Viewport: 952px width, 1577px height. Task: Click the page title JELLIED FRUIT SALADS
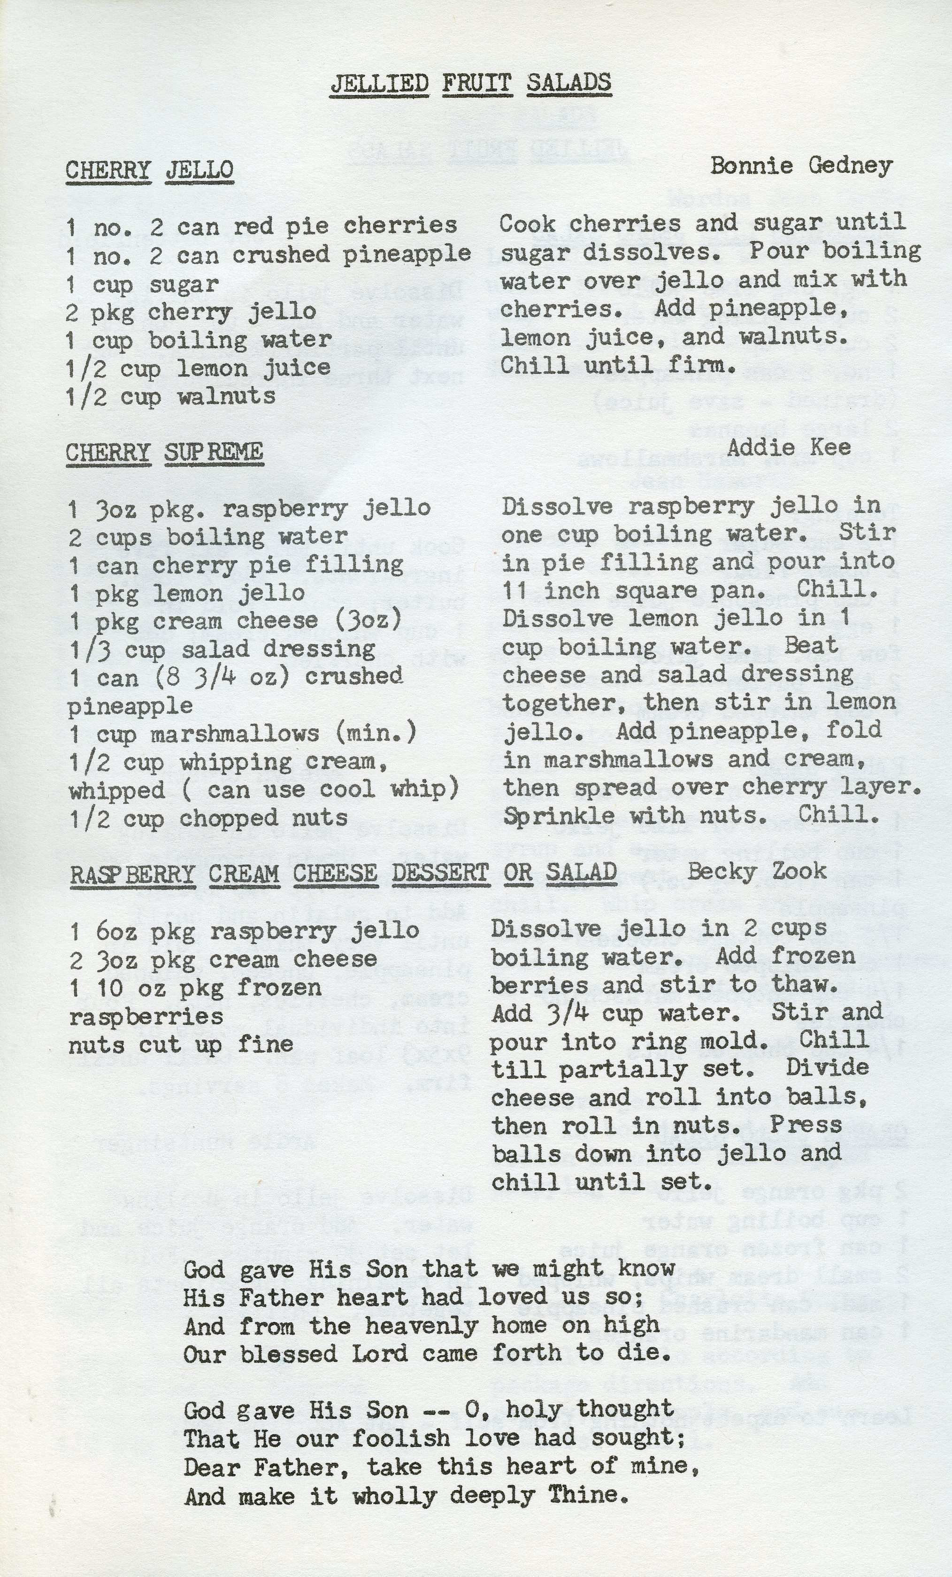click(x=470, y=83)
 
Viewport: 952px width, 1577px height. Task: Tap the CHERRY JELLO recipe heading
click(x=150, y=170)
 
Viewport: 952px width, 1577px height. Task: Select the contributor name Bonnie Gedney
click(x=801, y=166)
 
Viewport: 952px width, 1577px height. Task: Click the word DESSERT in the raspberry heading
click(x=441, y=873)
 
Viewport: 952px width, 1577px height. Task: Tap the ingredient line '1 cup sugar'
click(x=143, y=284)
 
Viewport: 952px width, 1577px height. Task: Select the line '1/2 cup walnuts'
click(x=171, y=396)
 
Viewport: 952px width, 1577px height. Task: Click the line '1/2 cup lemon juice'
click(x=198, y=368)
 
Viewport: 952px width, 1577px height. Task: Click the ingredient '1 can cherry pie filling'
click(x=236, y=564)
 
